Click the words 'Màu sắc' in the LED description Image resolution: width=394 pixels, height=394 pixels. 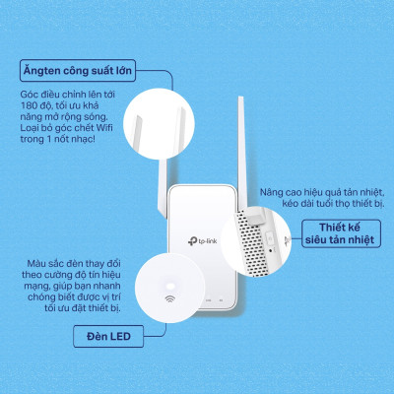click(x=41, y=263)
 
